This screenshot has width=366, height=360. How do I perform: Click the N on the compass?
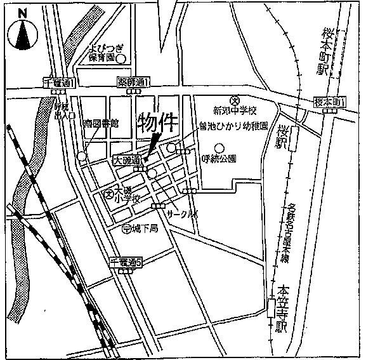click(23, 12)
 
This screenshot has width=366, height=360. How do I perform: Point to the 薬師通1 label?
click(133, 83)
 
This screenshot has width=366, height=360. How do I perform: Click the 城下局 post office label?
click(143, 229)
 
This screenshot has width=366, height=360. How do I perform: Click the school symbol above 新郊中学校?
click(233, 100)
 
